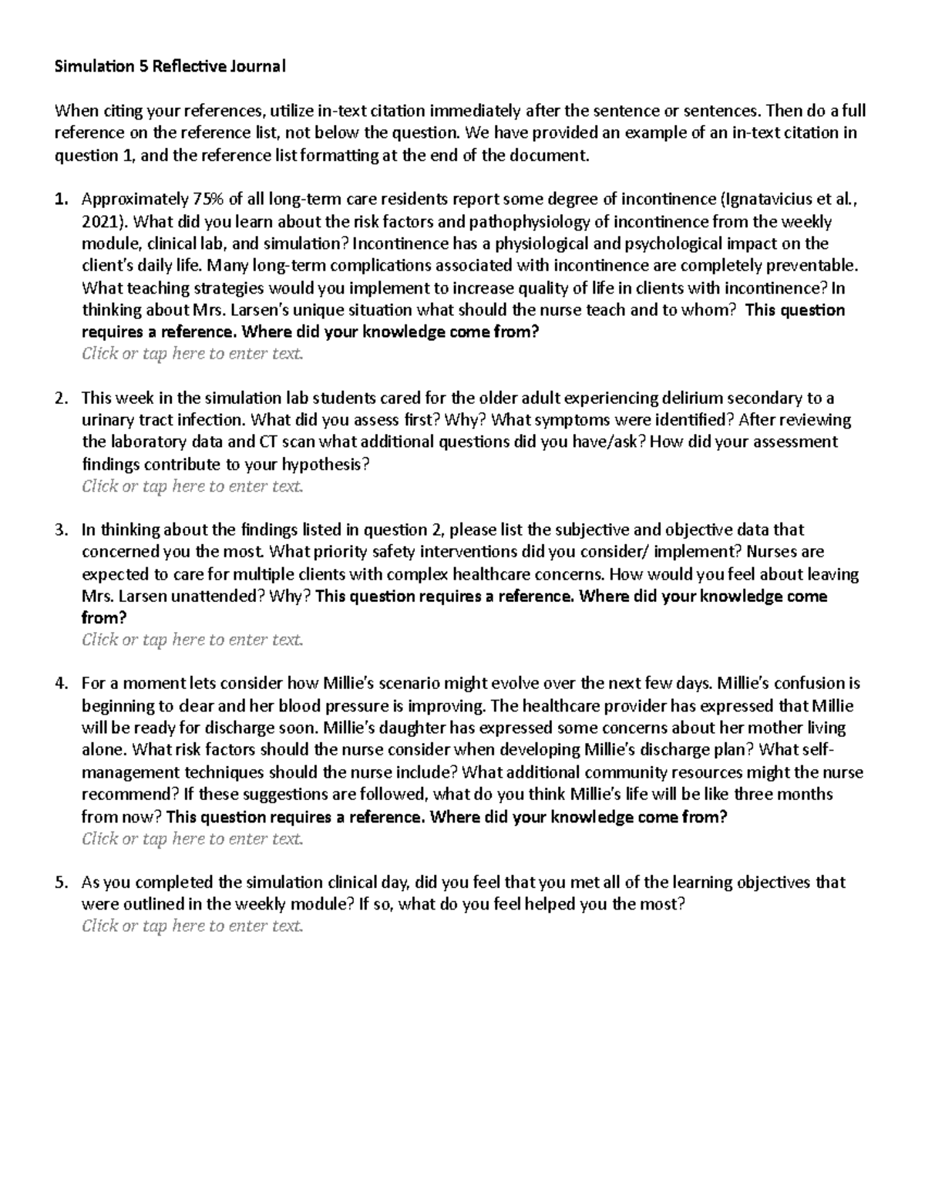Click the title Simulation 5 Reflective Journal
[x=169, y=66]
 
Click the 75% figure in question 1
[x=204, y=200]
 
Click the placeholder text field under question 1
[x=193, y=355]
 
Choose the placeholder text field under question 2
[x=193, y=486]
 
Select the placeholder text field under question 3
[x=193, y=640]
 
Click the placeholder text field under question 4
[x=193, y=839]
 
